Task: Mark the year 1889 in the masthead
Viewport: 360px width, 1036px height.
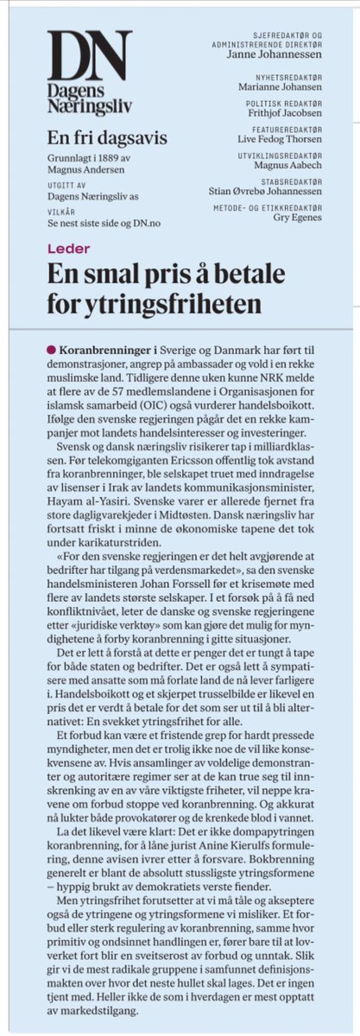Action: coord(114,159)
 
